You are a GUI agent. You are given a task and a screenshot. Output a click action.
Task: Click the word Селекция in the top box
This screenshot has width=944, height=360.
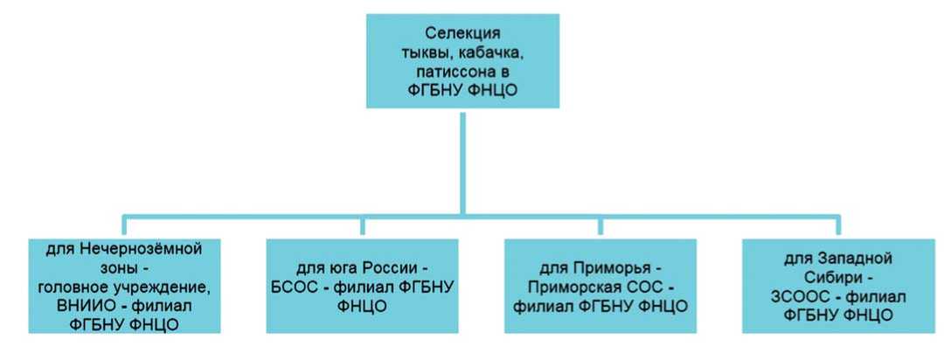pos(462,34)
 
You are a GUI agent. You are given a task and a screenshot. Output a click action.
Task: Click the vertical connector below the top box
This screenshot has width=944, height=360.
pos(462,162)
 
